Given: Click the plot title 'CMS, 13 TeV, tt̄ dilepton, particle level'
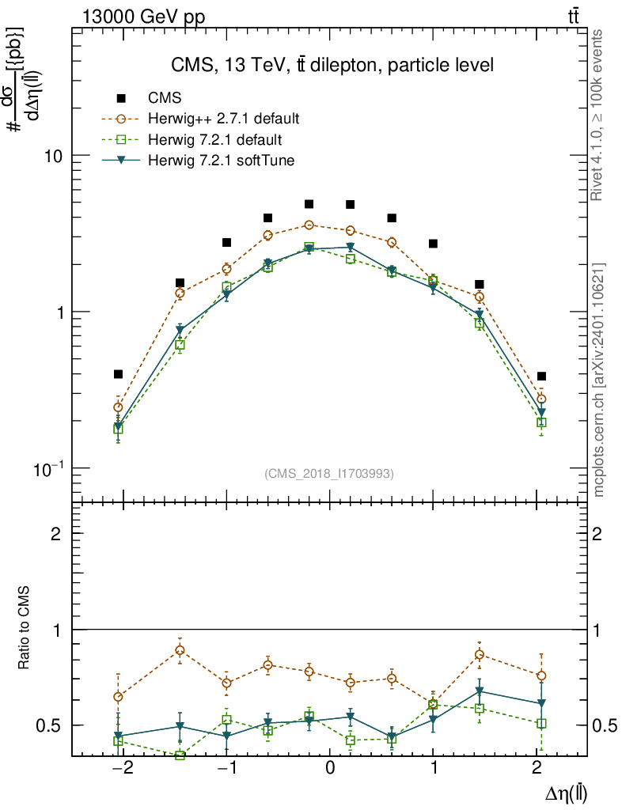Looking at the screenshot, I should click(x=332, y=66).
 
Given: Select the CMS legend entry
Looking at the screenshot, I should click(x=165, y=98).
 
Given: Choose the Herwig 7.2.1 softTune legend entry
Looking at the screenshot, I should click(x=222, y=161).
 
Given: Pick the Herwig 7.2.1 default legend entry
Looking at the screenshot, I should click(x=215, y=140).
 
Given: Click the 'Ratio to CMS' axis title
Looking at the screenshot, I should click(x=25, y=629).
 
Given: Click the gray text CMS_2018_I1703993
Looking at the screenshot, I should click(x=329, y=474).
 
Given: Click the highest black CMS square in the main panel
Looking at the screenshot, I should click(x=309, y=204).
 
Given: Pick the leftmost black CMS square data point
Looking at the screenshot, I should click(x=119, y=374).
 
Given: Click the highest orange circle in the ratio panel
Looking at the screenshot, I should click(x=180, y=650).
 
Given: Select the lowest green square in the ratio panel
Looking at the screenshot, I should click(x=180, y=756).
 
